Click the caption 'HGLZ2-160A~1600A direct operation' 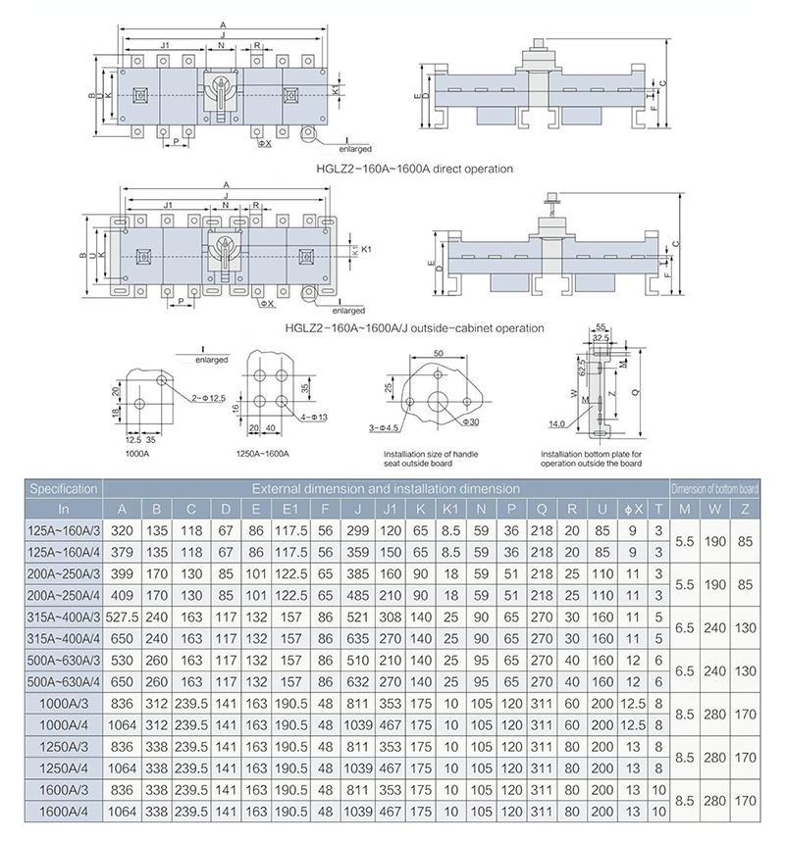coord(414,169)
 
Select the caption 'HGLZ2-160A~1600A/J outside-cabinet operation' coord(413,328)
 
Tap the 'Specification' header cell coord(64,487)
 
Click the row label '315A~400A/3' coord(64,616)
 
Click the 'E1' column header coord(289,508)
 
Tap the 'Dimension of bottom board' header coord(715,487)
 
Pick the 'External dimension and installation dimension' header coord(385,487)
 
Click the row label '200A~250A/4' coord(64,594)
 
